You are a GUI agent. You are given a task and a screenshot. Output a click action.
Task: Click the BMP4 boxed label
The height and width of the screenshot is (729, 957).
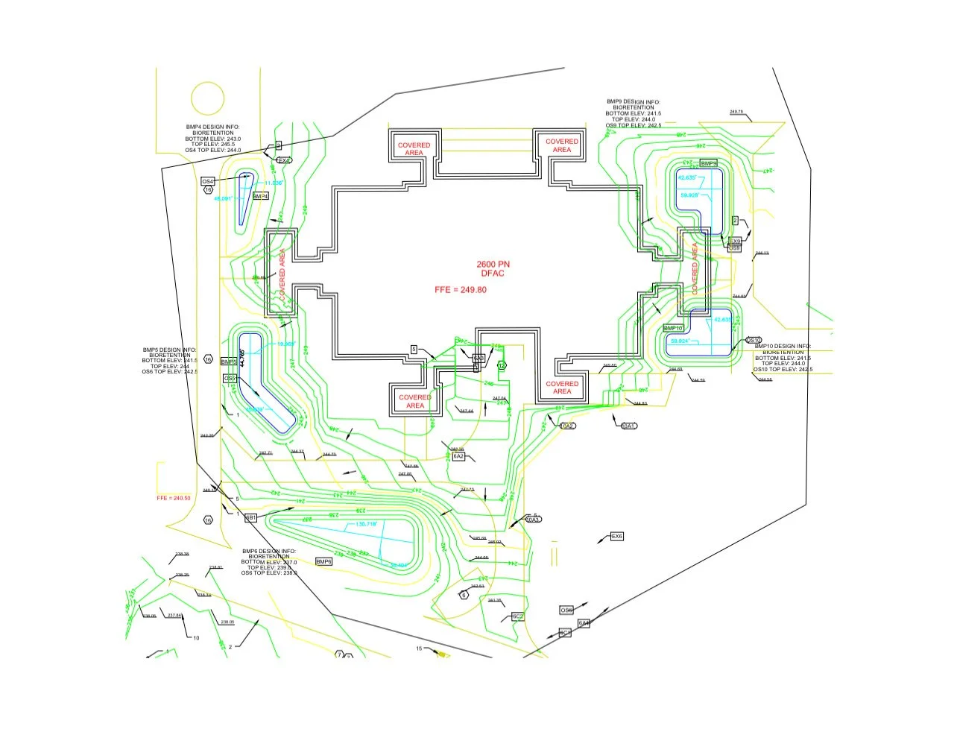pyautogui.click(x=260, y=196)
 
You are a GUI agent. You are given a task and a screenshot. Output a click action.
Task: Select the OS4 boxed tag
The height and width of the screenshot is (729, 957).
pyautogui.click(x=208, y=181)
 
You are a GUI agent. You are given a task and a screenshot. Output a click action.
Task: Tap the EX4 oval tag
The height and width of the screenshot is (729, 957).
pyautogui.click(x=284, y=160)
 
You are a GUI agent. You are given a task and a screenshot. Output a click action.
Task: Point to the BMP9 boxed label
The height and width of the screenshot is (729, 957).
pyautogui.click(x=708, y=163)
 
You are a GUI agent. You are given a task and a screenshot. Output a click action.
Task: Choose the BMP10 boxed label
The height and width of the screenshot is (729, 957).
pyautogui.click(x=673, y=328)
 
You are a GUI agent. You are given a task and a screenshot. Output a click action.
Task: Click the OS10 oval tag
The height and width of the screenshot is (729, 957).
pyautogui.click(x=754, y=340)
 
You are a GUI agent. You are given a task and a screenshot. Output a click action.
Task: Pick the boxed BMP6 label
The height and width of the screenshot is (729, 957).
pyautogui.click(x=323, y=561)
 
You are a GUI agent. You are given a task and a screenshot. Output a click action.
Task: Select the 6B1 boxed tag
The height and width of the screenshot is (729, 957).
pyautogui.click(x=251, y=517)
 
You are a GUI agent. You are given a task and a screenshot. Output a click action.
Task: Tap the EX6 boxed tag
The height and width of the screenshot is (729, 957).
pyautogui.click(x=616, y=537)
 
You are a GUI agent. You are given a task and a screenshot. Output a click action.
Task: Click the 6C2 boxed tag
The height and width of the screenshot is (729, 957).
pyautogui.click(x=518, y=616)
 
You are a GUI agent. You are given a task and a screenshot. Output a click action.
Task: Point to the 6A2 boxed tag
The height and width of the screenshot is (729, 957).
pyautogui.click(x=458, y=456)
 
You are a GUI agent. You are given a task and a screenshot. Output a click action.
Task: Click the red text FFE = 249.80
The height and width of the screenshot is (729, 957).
pyautogui.click(x=460, y=289)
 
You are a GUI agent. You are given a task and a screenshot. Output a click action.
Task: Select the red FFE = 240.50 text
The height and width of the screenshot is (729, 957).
pyautogui.click(x=174, y=498)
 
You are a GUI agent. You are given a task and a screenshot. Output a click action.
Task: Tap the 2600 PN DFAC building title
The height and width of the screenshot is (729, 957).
pyautogui.click(x=493, y=269)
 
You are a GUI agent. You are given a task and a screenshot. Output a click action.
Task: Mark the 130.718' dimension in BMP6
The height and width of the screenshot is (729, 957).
pyautogui.click(x=366, y=524)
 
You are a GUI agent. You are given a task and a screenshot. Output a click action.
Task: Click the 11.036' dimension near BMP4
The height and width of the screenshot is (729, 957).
pyautogui.click(x=274, y=183)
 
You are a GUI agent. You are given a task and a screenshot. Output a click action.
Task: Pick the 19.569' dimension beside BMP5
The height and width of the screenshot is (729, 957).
pyautogui.click(x=286, y=344)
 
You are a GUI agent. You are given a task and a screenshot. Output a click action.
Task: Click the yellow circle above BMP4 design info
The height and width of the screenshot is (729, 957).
pyautogui.click(x=208, y=98)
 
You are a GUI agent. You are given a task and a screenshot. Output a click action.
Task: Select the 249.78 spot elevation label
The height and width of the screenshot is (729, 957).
pyautogui.click(x=736, y=112)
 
